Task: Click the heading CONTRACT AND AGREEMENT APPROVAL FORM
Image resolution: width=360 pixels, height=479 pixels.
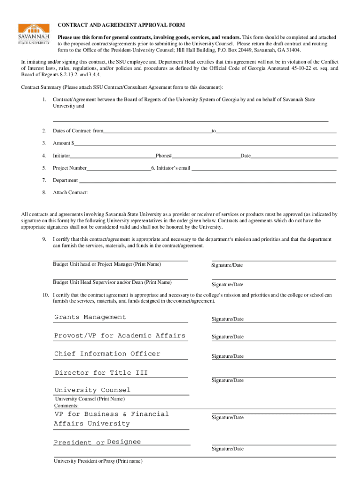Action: pyautogui.click(x=121, y=25)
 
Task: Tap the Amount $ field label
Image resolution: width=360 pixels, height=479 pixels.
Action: pyautogui.click(x=63, y=143)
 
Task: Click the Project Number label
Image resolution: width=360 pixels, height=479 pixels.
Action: pyautogui.click(x=69, y=168)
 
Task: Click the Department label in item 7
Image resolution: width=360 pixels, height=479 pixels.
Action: pyautogui.click(x=65, y=180)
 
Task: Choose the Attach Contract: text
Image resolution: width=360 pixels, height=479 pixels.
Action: pyautogui.click(x=70, y=192)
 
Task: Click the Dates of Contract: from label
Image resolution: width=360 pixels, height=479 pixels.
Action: pyautogui.click(x=78, y=131)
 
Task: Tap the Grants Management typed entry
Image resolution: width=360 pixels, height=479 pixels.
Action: pyautogui.click(x=90, y=317)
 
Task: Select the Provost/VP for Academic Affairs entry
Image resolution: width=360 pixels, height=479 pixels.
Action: pyautogui.click(x=120, y=335)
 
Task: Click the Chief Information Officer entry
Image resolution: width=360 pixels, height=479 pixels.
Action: pyautogui.click(x=107, y=354)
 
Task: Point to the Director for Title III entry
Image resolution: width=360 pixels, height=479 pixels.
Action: pyautogui.click(x=101, y=373)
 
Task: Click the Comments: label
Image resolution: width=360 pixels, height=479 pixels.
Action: pyautogui.click(x=66, y=406)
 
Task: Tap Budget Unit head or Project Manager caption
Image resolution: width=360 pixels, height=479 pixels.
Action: pyautogui.click(x=107, y=265)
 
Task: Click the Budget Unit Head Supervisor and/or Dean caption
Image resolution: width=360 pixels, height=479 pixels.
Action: pyautogui.click(x=112, y=283)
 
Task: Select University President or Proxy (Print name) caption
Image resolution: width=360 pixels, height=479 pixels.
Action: pyautogui.click(x=98, y=461)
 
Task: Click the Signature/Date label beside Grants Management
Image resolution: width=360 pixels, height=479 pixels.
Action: pyautogui.click(x=227, y=319)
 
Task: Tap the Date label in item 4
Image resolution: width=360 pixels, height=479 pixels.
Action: pyautogui.click(x=245, y=156)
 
